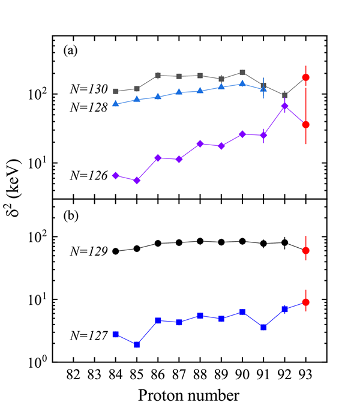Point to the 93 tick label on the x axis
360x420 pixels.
coord(305,377)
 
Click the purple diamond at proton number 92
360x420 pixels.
coord(284,106)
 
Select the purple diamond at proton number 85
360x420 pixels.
coord(137,180)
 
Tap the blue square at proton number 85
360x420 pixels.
coord(137,344)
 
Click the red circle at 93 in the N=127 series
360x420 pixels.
coord(305,302)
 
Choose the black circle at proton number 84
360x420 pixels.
coord(116,251)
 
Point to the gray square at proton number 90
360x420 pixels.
coord(242,73)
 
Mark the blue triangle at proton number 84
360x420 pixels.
coord(116,104)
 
